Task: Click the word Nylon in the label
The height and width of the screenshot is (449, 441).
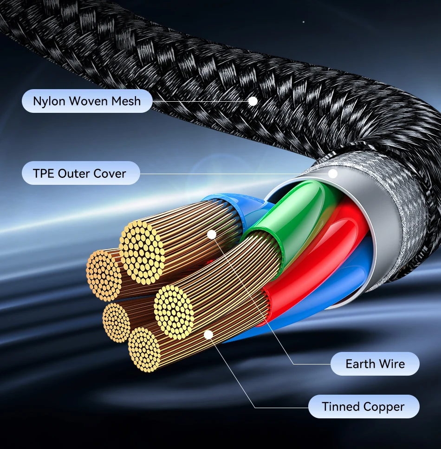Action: [48, 101]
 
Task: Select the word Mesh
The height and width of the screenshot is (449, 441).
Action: [126, 101]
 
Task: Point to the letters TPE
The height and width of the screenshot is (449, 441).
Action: [44, 174]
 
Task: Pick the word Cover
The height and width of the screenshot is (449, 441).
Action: [110, 174]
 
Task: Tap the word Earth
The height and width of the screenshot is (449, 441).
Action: [360, 364]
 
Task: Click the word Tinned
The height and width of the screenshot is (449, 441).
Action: [341, 407]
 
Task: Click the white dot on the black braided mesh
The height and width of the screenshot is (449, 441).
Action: [253, 101]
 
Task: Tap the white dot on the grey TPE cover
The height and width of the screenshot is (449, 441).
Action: [332, 174]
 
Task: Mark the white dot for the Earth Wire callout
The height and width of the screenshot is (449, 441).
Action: [211, 234]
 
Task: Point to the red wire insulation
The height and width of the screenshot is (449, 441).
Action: [325, 260]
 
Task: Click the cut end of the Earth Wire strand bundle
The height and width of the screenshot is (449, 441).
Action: [143, 252]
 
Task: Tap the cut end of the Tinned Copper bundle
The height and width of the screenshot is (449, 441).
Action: [174, 312]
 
